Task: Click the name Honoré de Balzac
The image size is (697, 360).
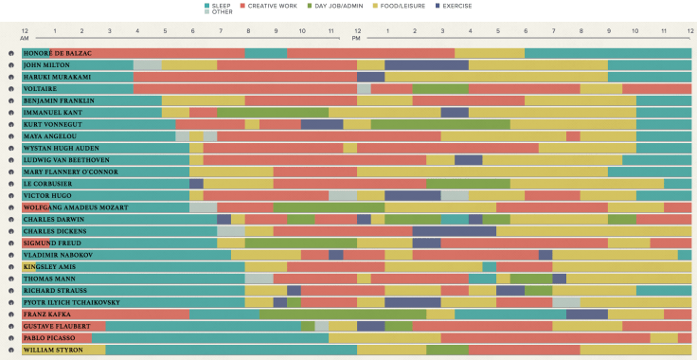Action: tap(58, 53)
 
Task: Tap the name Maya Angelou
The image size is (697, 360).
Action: tap(52, 136)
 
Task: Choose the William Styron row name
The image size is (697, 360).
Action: tap(53, 350)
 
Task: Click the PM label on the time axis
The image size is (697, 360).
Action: tap(356, 38)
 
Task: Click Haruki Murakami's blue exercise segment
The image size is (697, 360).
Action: tap(370, 77)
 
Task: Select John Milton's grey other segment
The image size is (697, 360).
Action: tap(147, 65)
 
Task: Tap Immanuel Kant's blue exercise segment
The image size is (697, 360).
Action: tap(455, 113)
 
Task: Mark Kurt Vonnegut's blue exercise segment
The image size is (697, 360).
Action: tap(322, 124)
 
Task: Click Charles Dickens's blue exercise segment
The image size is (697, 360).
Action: tap(454, 231)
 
